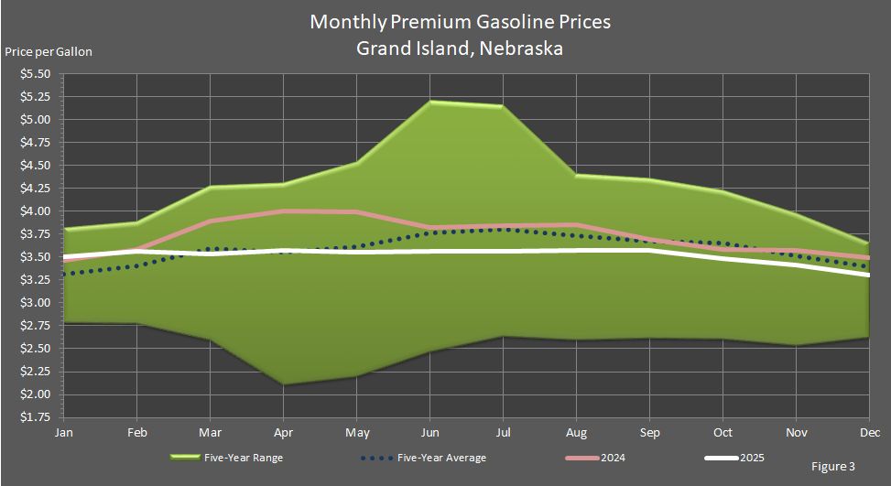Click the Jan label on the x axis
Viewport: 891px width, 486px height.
click(x=64, y=430)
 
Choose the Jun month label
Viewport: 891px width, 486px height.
click(x=429, y=430)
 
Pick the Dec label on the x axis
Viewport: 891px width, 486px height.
click(x=867, y=430)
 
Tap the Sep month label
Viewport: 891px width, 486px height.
click(x=648, y=430)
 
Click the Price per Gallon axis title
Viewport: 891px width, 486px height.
click(x=49, y=52)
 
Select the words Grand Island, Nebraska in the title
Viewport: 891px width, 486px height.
click(x=460, y=48)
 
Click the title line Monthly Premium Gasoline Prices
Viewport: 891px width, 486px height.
click(x=460, y=21)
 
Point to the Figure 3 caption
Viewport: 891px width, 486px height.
click(x=833, y=467)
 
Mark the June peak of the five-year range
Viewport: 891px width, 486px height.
click(x=429, y=102)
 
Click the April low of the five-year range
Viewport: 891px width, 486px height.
click(x=283, y=384)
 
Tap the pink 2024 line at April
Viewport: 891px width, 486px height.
click(x=283, y=211)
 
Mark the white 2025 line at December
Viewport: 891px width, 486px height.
click(x=867, y=275)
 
